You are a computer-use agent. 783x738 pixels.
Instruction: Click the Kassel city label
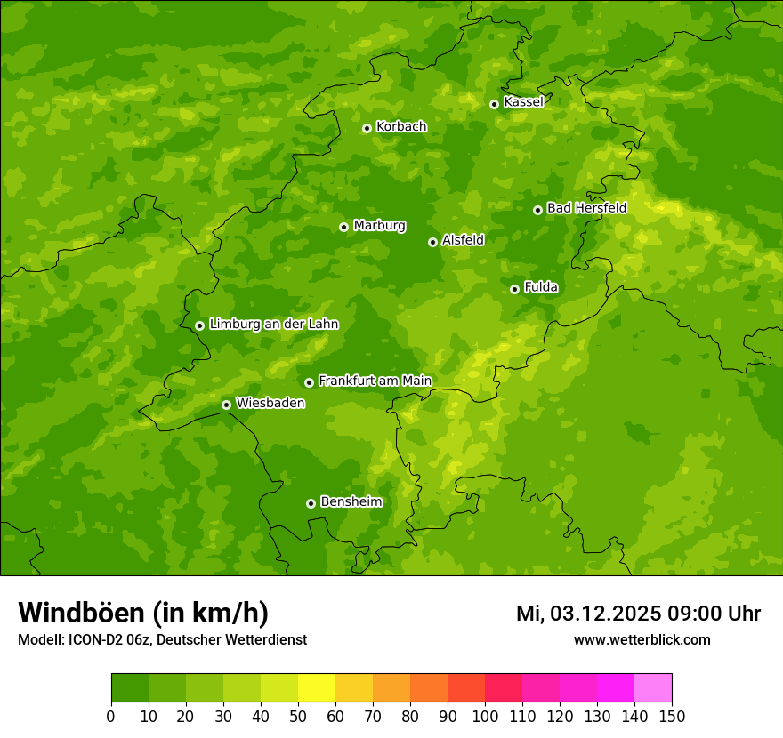[x=523, y=102]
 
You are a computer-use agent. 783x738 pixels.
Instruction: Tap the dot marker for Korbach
[x=367, y=128]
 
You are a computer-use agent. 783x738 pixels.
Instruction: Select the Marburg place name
[x=379, y=226]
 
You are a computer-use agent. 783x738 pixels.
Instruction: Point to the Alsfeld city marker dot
[x=432, y=242]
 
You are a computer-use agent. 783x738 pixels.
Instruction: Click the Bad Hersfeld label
[x=586, y=208]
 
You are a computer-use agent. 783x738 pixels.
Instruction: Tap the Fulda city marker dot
[x=514, y=289]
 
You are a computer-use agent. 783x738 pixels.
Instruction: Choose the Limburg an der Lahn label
[x=273, y=325]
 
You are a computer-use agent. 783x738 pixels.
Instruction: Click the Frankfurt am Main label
[x=375, y=381]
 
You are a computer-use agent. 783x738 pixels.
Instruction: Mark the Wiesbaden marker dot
[x=226, y=405]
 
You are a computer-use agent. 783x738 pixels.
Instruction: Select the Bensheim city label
[x=351, y=501]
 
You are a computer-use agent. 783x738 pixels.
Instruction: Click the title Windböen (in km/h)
[x=143, y=613]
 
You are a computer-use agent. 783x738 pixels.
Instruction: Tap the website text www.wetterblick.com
[x=642, y=639]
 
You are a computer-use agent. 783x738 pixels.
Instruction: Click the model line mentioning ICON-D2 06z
[x=162, y=639]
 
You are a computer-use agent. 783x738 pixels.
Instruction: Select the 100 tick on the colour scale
[x=485, y=716]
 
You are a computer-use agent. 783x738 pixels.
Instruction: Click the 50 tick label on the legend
[x=298, y=716]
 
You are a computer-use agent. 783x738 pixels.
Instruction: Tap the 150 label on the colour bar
[x=672, y=716]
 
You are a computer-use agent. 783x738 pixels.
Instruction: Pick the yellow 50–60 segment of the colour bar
[x=317, y=687]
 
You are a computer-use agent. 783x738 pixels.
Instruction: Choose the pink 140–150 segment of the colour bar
[x=653, y=687]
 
